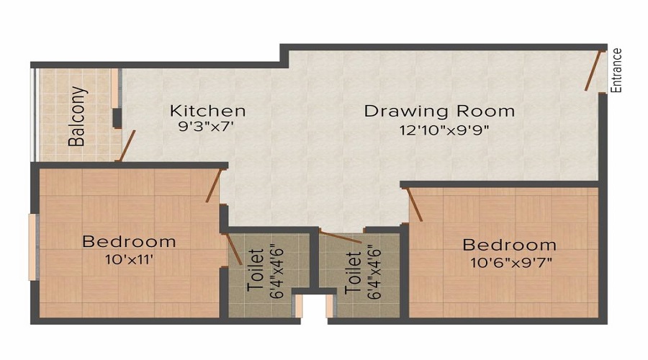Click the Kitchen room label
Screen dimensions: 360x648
[207, 111]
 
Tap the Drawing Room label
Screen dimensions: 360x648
[439, 111]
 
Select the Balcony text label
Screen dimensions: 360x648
[78, 117]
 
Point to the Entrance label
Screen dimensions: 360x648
[616, 70]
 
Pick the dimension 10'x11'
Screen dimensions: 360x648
[129, 260]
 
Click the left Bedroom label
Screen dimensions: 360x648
[129, 241]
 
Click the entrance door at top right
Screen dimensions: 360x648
[595, 70]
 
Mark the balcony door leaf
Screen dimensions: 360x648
[126, 146]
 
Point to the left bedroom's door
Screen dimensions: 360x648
[212, 184]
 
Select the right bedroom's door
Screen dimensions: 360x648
[415, 204]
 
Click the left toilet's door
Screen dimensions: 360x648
[235, 249]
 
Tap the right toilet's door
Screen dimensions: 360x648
[341, 238]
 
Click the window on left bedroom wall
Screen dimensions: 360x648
[32, 247]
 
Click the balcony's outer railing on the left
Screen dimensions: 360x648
[33, 115]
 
